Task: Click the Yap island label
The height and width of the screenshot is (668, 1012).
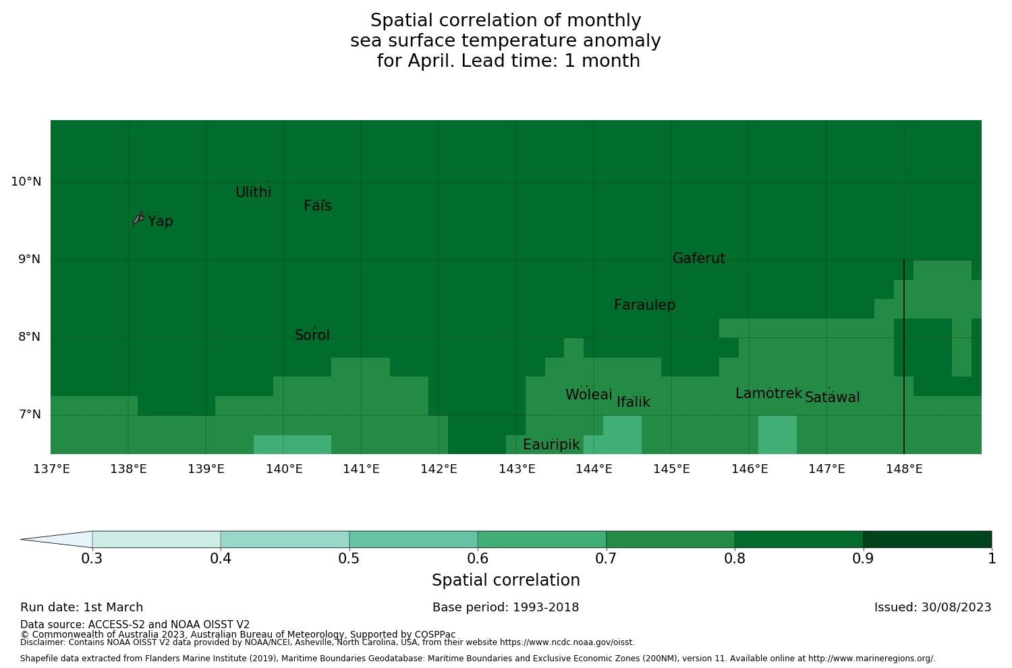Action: pyautogui.click(x=161, y=221)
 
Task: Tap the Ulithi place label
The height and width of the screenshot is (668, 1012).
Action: pyautogui.click(x=254, y=192)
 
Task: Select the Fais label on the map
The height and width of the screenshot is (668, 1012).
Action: pyautogui.click(x=318, y=206)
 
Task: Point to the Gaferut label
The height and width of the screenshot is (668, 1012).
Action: pyautogui.click(x=699, y=258)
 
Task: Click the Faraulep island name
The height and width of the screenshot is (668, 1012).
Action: pyautogui.click(x=644, y=305)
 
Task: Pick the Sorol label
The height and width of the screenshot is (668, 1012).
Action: pyautogui.click(x=312, y=335)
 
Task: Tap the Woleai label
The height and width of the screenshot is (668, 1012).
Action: pyautogui.click(x=589, y=395)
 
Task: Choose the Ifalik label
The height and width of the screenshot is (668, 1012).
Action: pyautogui.click(x=634, y=402)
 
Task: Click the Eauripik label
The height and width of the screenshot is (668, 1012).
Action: pyautogui.click(x=551, y=445)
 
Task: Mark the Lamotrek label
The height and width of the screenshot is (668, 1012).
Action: pyautogui.click(x=768, y=393)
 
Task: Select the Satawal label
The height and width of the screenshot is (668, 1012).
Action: pyautogui.click(x=832, y=397)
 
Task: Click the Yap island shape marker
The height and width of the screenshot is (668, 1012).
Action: pyautogui.click(x=138, y=219)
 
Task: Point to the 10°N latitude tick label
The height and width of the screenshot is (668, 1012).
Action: pyautogui.click(x=26, y=182)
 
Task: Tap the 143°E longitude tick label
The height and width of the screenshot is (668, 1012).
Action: pyautogui.click(x=517, y=469)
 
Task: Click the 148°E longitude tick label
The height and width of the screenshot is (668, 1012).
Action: pyautogui.click(x=904, y=469)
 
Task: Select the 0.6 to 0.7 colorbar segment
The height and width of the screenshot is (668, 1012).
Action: pyautogui.click(x=542, y=539)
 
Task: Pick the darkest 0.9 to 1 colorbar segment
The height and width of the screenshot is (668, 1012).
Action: pyautogui.click(x=927, y=539)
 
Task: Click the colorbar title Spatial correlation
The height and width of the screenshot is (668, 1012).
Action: pyautogui.click(x=505, y=580)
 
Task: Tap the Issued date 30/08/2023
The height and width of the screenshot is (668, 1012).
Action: pyautogui.click(x=932, y=607)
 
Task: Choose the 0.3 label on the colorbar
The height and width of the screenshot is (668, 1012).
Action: pyautogui.click(x=92, y=559)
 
